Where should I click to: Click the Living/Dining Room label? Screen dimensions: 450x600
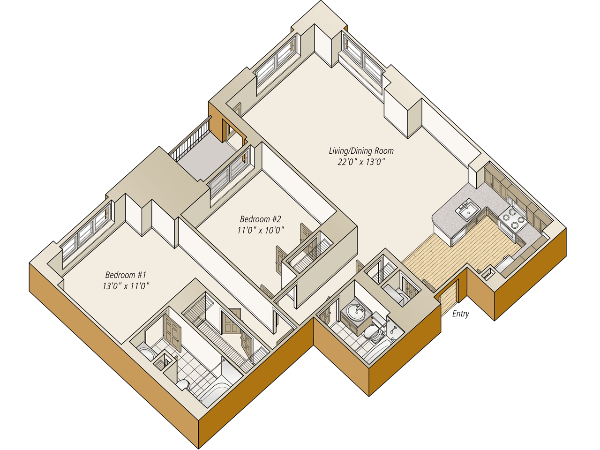361,151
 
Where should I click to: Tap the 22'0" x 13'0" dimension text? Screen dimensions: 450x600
361,162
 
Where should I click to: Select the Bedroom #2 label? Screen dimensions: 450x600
260,219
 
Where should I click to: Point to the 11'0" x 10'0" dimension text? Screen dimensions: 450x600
260,230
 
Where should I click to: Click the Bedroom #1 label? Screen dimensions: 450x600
126,275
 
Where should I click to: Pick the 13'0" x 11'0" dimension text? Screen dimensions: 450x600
126,286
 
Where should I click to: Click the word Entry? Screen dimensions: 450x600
460,314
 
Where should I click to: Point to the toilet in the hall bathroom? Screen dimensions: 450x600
373,333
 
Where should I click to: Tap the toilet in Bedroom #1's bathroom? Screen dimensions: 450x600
183,385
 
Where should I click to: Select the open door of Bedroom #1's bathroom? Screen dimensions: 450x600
172,333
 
